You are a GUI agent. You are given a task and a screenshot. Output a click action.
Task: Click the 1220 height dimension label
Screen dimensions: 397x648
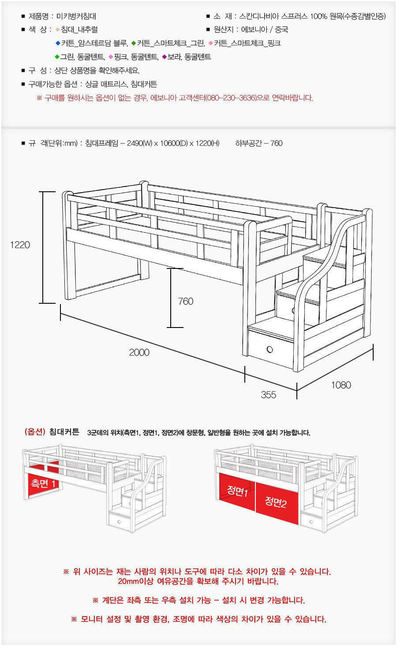pos(20,245)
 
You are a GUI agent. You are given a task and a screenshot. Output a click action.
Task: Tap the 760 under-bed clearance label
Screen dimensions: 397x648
pos(186,302)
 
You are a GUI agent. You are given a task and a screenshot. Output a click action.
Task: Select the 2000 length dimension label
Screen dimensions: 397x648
pos(139,352)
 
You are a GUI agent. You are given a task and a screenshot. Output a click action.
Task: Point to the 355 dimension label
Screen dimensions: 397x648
pos(269,395)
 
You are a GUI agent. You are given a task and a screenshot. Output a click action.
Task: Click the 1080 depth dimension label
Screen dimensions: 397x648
pos(341,385)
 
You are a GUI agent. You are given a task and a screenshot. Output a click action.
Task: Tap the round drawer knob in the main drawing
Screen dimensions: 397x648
pos(270,350)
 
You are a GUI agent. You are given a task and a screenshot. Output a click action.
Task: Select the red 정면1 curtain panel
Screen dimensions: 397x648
pos(237,492)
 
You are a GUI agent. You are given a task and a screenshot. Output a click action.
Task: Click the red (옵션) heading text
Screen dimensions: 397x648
pos(35,432)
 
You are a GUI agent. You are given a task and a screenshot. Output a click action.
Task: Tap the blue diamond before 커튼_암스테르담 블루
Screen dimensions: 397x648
pos(58,43)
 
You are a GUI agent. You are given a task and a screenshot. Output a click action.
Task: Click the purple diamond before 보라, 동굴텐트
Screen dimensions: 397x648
pos(165,57)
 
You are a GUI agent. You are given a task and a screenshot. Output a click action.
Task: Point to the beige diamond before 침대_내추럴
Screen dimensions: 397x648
pos(58,30)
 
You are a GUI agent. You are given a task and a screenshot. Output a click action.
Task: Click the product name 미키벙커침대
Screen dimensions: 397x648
pos(76,16)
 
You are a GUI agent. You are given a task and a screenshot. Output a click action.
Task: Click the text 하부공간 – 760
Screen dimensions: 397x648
pos(259,144)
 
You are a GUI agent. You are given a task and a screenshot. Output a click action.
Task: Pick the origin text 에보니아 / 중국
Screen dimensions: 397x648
pos(265,30)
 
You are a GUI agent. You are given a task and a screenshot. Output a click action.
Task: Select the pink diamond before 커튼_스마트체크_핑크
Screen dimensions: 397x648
pos(211,43)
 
